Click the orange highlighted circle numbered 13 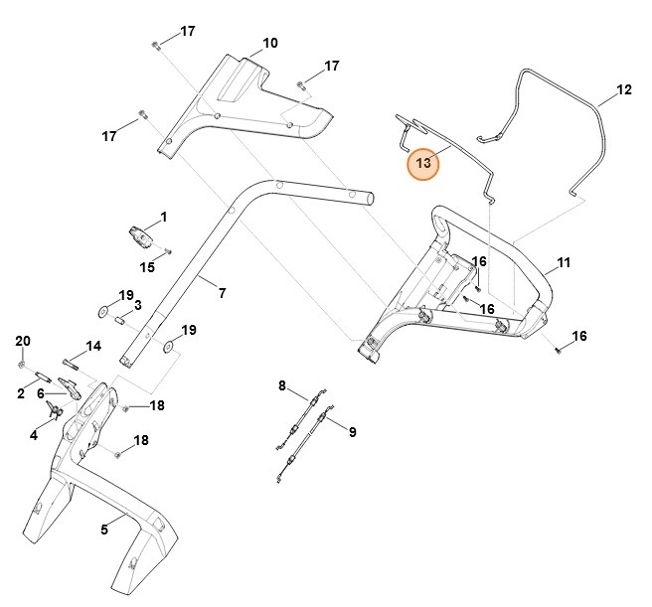coord(423,163)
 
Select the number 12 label coord(624,89)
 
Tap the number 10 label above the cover coord(269,43)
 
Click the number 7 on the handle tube coord(222,293)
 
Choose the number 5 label coord(104,530)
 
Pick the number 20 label coord(23,341)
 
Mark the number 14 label coord(93,346)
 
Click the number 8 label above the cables coord(281,384)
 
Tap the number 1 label coord(163,216)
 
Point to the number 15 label coord(147,267)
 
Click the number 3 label coord(138,305)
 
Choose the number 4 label coord(33,434)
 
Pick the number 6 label coord(41,393)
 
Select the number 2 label coord(20,393)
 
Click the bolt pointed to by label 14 coord(76,362)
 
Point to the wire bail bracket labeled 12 coord(557,129)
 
